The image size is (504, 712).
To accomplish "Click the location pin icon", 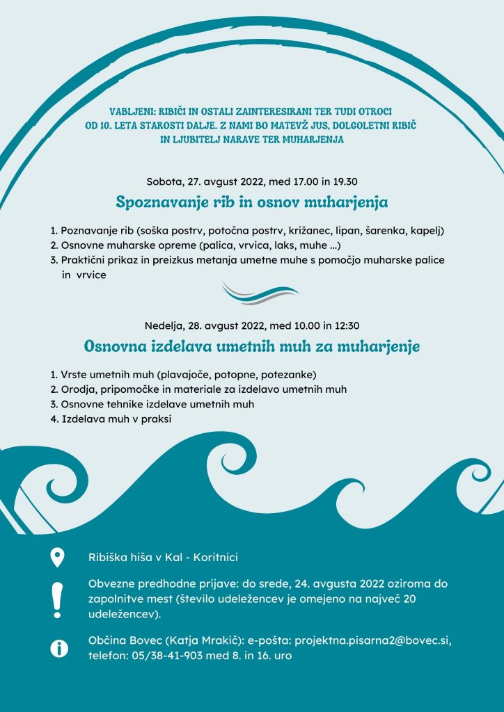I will coord(57,558).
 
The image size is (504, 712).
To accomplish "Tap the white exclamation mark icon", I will coord(57,599).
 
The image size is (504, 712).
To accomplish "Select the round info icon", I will coord(60,648).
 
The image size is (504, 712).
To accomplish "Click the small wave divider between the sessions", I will coord(260,293).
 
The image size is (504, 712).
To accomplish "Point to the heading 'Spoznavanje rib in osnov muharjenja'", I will coord(251,203).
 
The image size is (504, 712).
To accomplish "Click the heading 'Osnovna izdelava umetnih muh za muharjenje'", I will coord(251,346).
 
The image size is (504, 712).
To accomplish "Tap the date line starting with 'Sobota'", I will coord(251,182).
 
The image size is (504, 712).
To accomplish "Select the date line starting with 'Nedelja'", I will coord(251,325).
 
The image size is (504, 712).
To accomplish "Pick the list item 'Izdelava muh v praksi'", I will coord(116,419).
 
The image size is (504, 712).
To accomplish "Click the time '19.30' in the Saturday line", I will coord(343,182).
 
